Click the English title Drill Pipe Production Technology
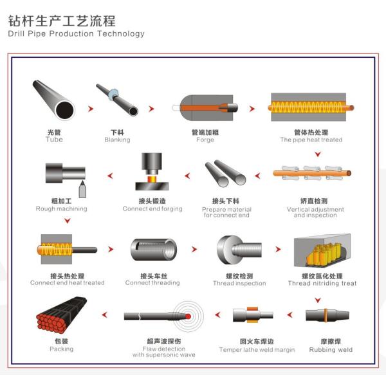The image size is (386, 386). (77, 33)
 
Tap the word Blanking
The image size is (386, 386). (117, 140)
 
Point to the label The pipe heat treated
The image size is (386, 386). (311, 140)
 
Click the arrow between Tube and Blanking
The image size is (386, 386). (89, 108)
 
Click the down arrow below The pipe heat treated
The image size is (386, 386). (316, 154)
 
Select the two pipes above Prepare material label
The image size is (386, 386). (225, 174)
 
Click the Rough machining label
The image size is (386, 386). (61, 208)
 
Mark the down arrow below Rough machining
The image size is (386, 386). (67, 221)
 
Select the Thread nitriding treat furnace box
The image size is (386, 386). (322, 251)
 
